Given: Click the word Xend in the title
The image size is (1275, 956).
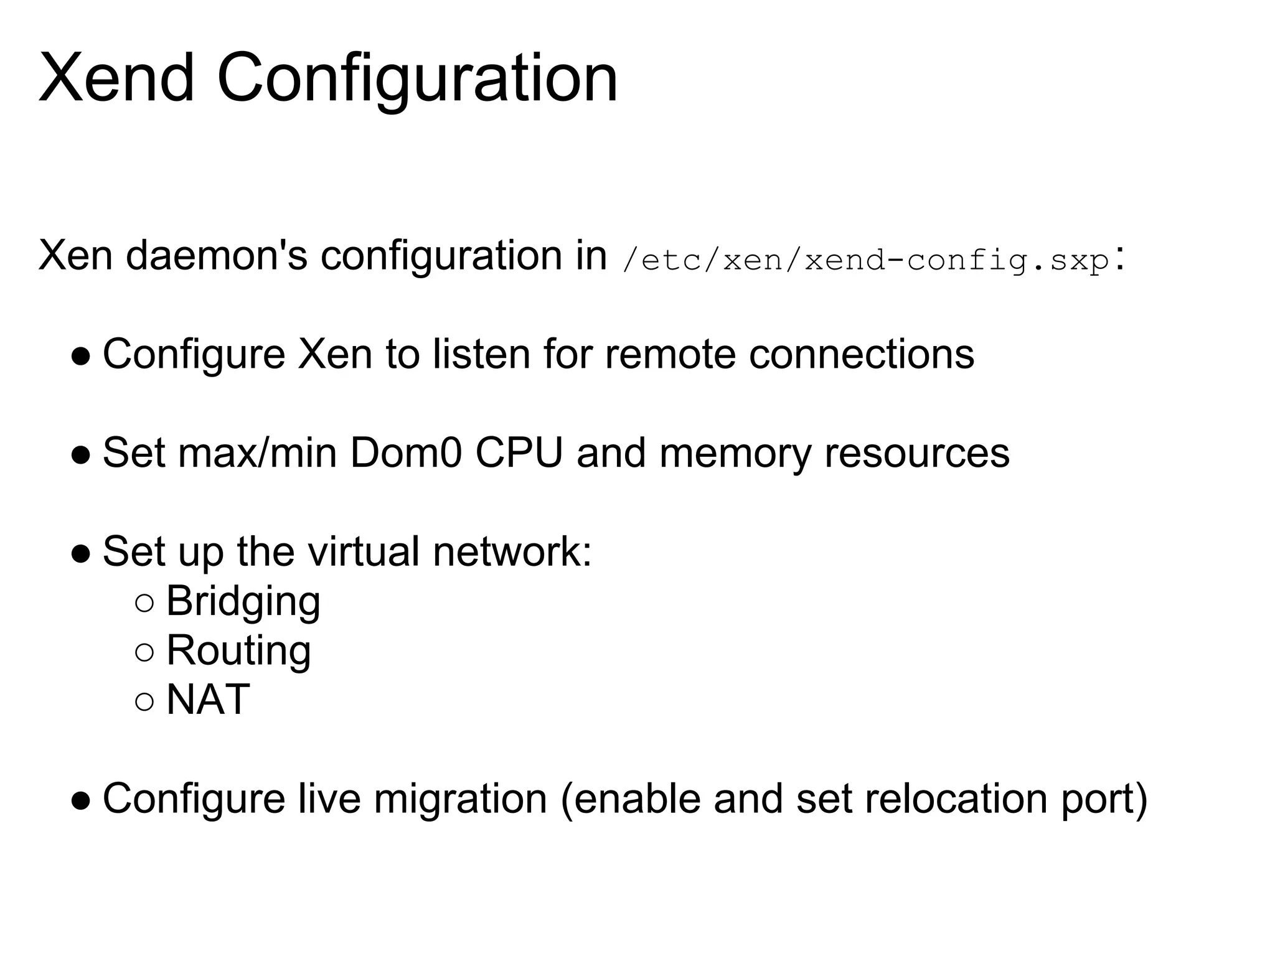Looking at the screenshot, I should [116, 79].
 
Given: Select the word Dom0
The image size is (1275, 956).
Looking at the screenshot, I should [405, 452].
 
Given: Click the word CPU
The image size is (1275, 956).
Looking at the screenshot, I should [519, 452].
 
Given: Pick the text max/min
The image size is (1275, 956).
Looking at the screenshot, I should [257, 452].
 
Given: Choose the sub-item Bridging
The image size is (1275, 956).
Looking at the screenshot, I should [243, 602].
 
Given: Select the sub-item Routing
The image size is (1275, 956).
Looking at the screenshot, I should [238, 651].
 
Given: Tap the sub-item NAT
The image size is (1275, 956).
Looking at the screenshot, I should [208, 700].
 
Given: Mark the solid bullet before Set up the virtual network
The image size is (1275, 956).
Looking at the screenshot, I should [81, 554].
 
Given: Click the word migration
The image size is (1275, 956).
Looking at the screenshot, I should [460, 799].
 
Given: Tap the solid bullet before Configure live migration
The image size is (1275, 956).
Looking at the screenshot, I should [81, 800].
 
